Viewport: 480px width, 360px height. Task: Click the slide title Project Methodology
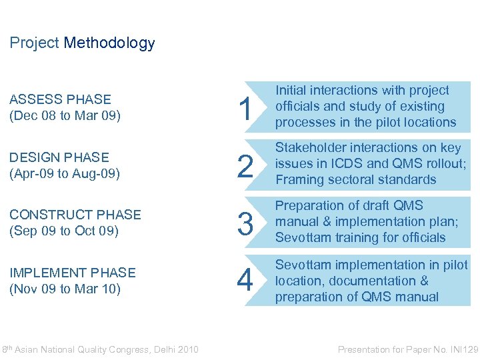[x=82, y=43]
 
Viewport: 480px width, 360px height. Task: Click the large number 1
[x=245, y=109]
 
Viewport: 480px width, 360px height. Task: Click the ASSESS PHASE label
[x=60, y=99]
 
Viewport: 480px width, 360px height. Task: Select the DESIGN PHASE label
[x=59, y=157]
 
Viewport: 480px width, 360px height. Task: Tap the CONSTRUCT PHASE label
[x=75, y=215]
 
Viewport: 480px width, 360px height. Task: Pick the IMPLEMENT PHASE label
[x=73, y=273]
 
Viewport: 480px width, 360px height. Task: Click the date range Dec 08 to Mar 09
[x=65, y=115]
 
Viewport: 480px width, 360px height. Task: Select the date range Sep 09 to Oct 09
[x=64, y=231]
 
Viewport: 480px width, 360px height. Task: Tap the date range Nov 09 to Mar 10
[x=65, y=289]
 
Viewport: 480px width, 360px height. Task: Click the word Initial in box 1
[x=291, y=90]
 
